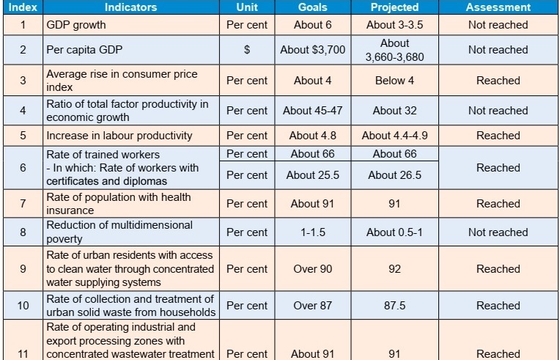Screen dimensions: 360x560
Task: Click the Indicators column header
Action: tap(130, 7)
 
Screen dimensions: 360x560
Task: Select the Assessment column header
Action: tap(498, 7)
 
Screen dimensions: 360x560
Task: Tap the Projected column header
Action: tap(394, 7)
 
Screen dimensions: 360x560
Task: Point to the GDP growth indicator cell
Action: tap(76, 25)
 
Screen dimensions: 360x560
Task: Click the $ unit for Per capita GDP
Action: tap(247, 50)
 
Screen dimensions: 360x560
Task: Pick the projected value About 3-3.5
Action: tap(394, 25)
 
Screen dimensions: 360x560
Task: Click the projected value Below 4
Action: tap(394, 81)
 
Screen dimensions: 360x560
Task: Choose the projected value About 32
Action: tap(394, 111)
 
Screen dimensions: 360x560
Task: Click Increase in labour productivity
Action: tap(119, 136)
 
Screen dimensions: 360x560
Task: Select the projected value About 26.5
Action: tap(394, 175)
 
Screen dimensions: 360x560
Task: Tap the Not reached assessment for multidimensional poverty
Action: tap(498, 232)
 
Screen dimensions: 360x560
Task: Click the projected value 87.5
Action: tap(394, 306)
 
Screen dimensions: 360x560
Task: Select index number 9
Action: tap(23, 269)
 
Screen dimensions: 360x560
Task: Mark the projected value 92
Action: tap(394, 269)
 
